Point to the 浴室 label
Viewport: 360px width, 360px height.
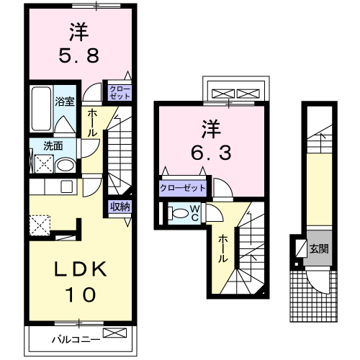coord(65,102)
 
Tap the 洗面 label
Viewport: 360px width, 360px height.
coord(53,145)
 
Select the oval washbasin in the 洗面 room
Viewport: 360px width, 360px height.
coord(65,165)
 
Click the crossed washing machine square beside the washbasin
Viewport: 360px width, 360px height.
coord(42,164)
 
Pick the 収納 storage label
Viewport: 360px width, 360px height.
coord(120,207)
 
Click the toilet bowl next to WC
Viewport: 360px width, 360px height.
coord(177,213)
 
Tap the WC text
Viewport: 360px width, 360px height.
coord(194,213)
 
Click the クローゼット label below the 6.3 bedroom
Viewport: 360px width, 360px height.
coord(183,188)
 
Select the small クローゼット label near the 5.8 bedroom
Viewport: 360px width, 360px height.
coord(120,91)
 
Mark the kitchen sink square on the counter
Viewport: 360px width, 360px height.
coord(66,187)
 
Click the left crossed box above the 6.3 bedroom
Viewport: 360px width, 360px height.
coord(221,94)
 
